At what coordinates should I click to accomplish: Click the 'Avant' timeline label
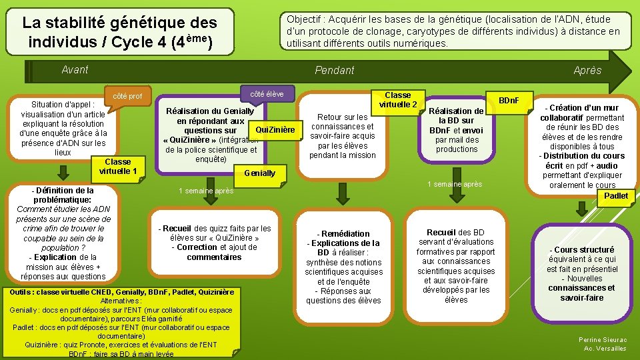tap(75, 69)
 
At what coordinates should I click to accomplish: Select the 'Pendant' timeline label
tap(334, 70)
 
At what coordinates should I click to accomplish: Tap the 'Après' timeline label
tap(587, 71)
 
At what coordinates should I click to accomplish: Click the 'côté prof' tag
tap(128, 96)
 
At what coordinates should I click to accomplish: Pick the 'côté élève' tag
tap(266, 94)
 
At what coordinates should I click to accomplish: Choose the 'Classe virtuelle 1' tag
tap(118, 167)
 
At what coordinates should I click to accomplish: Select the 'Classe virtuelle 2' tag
tap(398, 100)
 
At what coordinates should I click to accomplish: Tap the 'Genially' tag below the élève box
tap(260, 173)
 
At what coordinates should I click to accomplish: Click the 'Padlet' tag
tap(615, 196)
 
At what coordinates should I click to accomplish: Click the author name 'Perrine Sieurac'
tap(602, 339)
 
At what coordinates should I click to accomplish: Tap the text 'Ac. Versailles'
tap(605, 348)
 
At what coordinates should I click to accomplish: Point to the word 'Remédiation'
tap(345, 233)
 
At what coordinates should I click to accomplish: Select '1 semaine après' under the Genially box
tap(206, 191)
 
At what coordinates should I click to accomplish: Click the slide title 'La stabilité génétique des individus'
tap(119, 31)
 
